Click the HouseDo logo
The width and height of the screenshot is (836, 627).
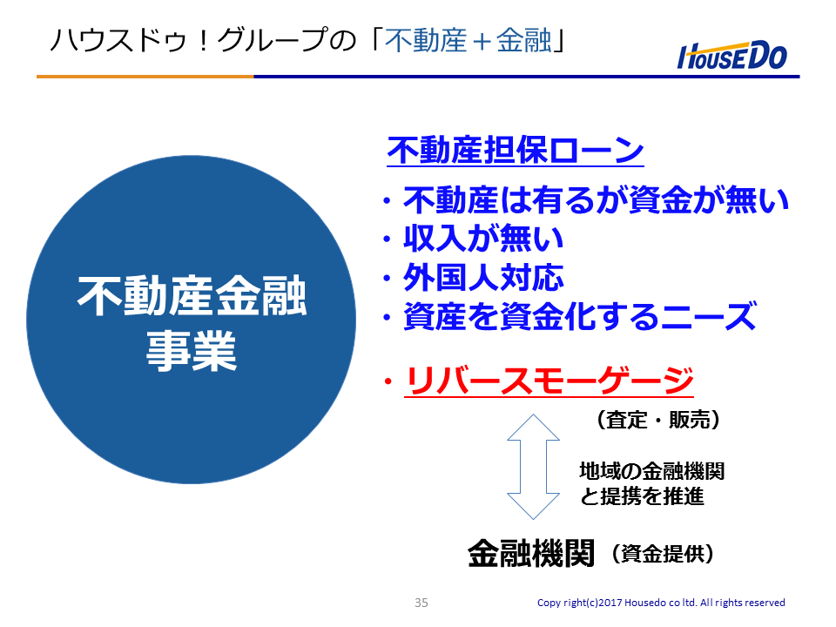(x=732, y=56)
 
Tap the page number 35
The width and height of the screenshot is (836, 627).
(x=421, y=603)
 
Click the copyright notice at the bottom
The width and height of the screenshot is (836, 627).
(x=661, y=603)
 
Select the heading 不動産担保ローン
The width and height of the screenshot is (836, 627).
(x=516, y=150)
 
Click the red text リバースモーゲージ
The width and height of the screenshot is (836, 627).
(x=549, y=381)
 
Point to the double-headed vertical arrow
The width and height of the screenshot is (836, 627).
(x=533, y=467)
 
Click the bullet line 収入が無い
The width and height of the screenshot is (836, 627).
(x=483, y=239)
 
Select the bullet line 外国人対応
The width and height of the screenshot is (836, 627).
(x=483, y=278)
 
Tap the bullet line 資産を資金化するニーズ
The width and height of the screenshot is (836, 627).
(x=580, y=316)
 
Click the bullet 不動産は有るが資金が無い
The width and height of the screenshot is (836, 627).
(x=596, y=199)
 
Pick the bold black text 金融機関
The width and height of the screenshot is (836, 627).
(x=531, y=553)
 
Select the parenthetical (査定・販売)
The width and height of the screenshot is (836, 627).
(x=658, y=420)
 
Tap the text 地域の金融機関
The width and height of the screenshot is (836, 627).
(x=652, y=471)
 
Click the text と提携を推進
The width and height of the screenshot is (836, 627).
(x=642, y=496)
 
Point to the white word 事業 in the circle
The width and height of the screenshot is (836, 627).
(x=192, y=350)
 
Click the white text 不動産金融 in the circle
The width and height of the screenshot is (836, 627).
(x=192, y=296)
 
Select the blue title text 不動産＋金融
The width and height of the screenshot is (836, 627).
(x=468, y=40)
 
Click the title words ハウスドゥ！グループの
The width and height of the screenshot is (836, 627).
(x=203, y=40)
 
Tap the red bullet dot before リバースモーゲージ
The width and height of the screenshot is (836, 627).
(x=388, y=381)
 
